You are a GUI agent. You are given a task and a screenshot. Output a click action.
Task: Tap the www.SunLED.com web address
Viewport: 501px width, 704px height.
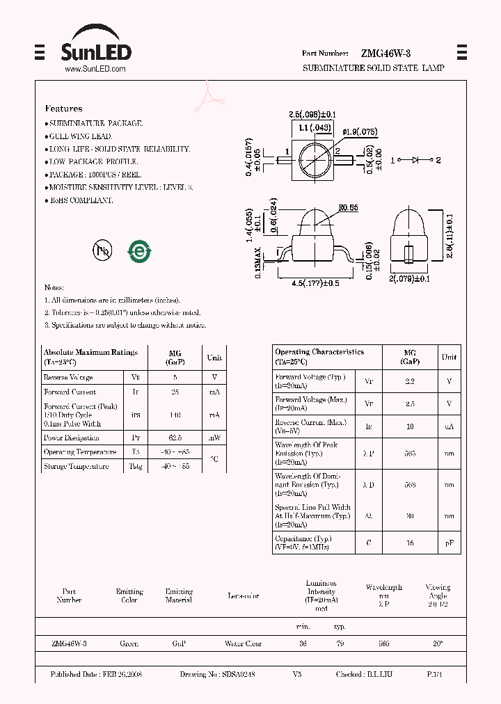(95, 69)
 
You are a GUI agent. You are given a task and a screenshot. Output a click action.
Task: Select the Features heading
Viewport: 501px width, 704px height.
(63, 109)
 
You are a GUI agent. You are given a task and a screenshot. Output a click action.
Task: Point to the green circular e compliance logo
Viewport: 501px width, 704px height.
(139, 250)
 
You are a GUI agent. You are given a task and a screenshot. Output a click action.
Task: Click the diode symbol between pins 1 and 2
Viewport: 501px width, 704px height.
(415, 160)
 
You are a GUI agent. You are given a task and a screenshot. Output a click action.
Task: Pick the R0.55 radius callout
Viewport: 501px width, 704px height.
(349, 207)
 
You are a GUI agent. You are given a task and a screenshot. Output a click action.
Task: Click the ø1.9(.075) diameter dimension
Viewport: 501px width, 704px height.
(360, 131)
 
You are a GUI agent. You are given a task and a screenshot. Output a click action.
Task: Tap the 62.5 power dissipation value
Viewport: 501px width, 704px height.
(175, 438)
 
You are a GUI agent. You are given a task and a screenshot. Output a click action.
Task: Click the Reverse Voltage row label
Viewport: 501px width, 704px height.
(68, 377)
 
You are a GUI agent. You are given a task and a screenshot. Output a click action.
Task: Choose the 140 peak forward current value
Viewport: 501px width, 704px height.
(175, 415)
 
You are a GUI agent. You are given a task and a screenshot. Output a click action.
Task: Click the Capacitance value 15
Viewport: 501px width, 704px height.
(410, 543)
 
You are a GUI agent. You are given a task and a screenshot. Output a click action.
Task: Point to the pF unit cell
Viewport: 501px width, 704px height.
(450, 543)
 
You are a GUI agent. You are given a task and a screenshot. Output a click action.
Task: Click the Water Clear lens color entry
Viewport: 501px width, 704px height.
(243, 643)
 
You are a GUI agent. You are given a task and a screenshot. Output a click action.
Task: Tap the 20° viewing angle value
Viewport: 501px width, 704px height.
(438, 643)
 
